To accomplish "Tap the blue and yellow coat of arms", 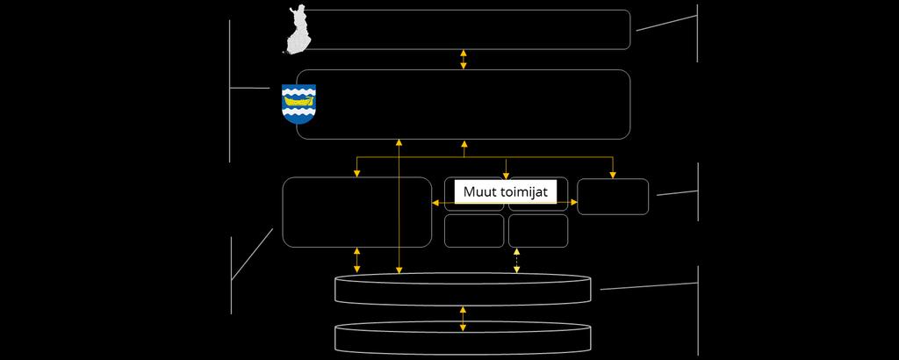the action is (x=298, y=104).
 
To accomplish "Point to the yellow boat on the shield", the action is (x=298, y=100).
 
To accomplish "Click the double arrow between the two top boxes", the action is (x=464, y=60).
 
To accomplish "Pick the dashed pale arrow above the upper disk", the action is (x=516, y=260).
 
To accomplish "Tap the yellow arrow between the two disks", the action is (x=464, y=319).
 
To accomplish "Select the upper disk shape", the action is (x=463, y=289).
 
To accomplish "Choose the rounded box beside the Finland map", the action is (x=629, y=30).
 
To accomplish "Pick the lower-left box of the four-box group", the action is (x=474, y=247).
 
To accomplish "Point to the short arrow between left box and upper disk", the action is (x=357, y=260).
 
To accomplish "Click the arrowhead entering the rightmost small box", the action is (x=613, y=175).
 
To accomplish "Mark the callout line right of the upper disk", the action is (x=649, y=286).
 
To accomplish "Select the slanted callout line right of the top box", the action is (x=667, y=23).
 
